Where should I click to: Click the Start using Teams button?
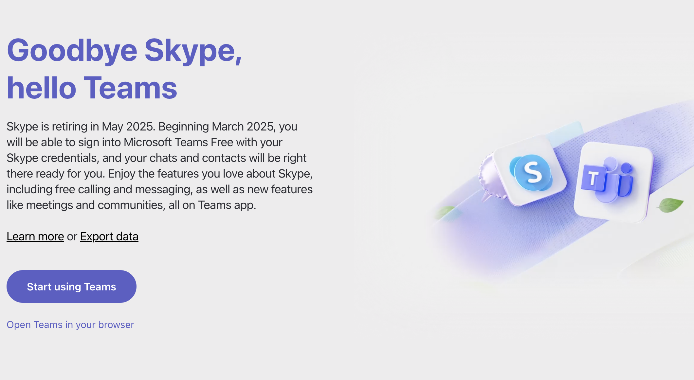point(71,286)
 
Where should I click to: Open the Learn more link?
point(35,236)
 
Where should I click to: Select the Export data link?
point(109,236)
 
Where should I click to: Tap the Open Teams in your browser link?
point(70,325)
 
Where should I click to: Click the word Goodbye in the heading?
point(72,51)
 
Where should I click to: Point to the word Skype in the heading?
point(193,51)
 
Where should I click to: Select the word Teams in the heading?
point(131,88)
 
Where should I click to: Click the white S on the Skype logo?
point(533,172)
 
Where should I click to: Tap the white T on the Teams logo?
point(593,178)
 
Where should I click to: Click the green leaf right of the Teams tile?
point(670,205)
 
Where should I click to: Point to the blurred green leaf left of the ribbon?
point(446,212)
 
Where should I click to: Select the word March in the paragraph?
point(228,127)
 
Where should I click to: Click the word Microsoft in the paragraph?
point(148,142)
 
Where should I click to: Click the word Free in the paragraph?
point(222,142)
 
